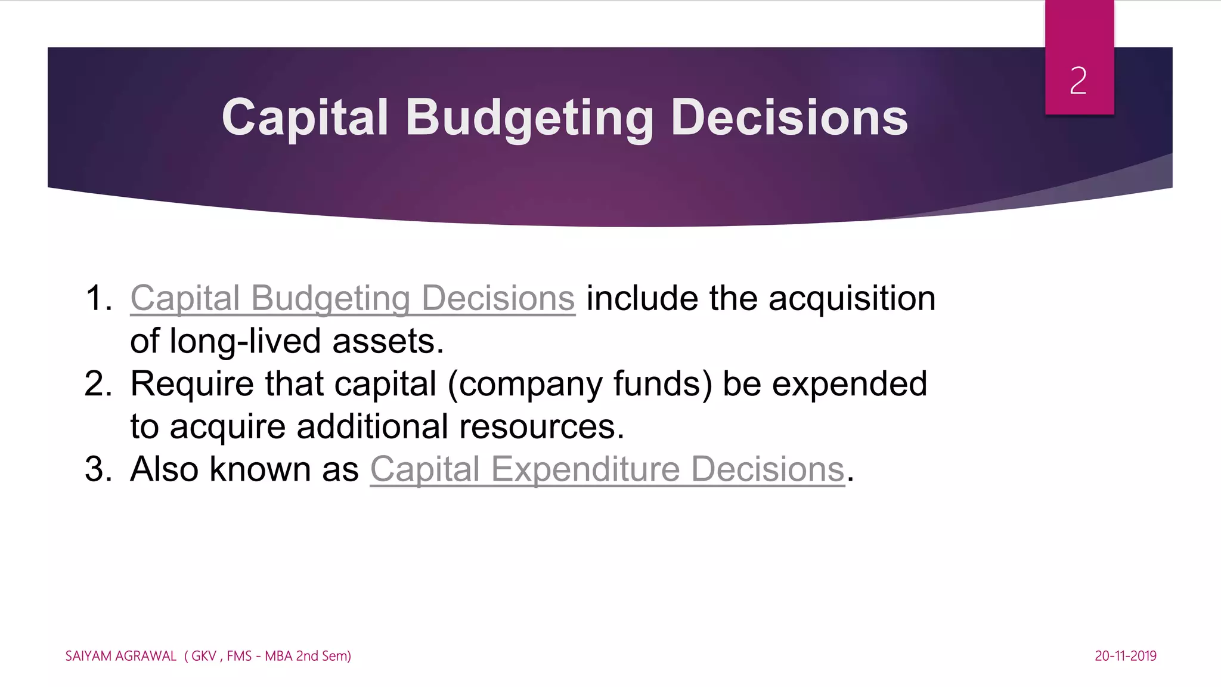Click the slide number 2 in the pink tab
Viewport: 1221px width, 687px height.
[x=1078, y=81]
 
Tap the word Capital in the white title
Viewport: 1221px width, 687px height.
[x=305, y=117]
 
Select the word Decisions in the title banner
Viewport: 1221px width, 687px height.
[x=789, y=117]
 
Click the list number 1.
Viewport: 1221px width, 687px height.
[x=98, y=298]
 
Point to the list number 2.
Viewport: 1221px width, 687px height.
[x=98, y=383]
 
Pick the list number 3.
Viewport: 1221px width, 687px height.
[x=98, y=469]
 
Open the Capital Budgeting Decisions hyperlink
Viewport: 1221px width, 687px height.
[x=352, y=298]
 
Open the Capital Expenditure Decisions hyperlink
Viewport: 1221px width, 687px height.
[x=607, y=469]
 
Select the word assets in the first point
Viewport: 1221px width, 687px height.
[x=388, y=341]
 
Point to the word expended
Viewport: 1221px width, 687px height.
[x=850, y=383]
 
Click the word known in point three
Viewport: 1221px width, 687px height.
[x=260, y=469]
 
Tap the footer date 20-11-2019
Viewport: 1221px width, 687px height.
[x=1125, y=656]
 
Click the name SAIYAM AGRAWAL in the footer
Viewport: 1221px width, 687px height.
[x=121, y=656]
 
